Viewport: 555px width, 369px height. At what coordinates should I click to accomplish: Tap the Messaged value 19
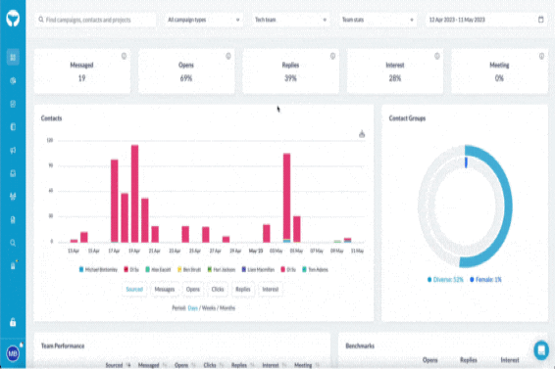81,78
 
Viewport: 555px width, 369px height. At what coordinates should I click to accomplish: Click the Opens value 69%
185,78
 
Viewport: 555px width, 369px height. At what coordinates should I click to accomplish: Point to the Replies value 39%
290,78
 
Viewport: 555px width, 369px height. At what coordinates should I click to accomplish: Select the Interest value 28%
394,78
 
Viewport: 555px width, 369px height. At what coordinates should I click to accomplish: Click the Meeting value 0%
498,78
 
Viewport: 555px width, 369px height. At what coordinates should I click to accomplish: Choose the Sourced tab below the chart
134,290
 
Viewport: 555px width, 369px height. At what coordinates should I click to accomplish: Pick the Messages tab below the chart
164,290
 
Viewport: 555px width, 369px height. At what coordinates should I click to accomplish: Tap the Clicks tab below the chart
218,290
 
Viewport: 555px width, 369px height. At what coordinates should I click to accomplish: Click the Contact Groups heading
407,117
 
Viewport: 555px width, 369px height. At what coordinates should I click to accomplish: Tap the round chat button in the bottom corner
540,349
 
